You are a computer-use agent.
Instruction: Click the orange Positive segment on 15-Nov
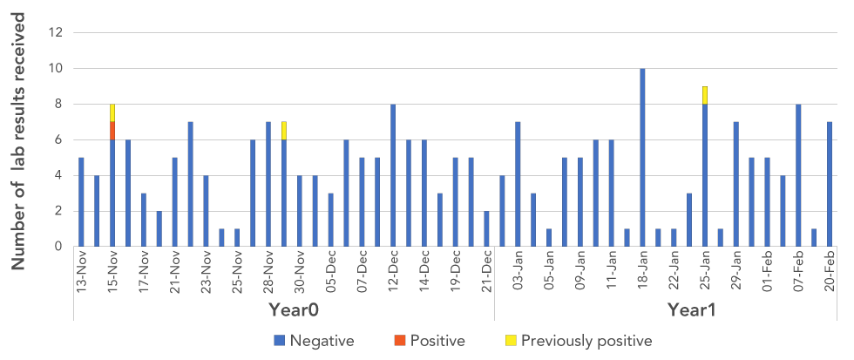(x=112, y=130)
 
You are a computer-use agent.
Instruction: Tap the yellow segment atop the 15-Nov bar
(x=112, y=112)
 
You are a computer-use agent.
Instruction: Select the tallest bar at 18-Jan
(x=642, y=157)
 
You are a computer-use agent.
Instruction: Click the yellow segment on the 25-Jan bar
(x=705, y=95)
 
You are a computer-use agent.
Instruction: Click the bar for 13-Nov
(x=81, y=201)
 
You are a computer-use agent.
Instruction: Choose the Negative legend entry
(x=315, y=340)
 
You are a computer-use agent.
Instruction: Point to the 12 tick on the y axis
(x=57, y=32)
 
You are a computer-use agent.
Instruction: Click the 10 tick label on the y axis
(x=57, y=68)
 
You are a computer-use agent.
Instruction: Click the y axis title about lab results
(x=20, y=139)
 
